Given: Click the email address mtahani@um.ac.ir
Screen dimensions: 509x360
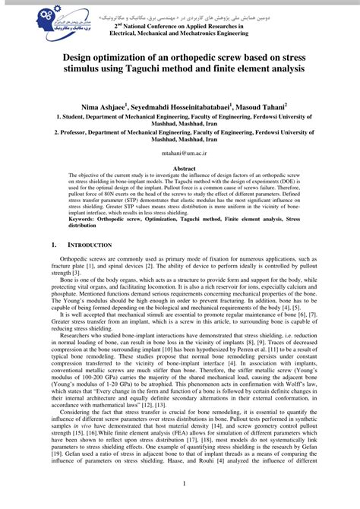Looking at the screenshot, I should coord(179,153).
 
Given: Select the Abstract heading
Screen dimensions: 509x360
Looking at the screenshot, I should coord(179,167).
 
